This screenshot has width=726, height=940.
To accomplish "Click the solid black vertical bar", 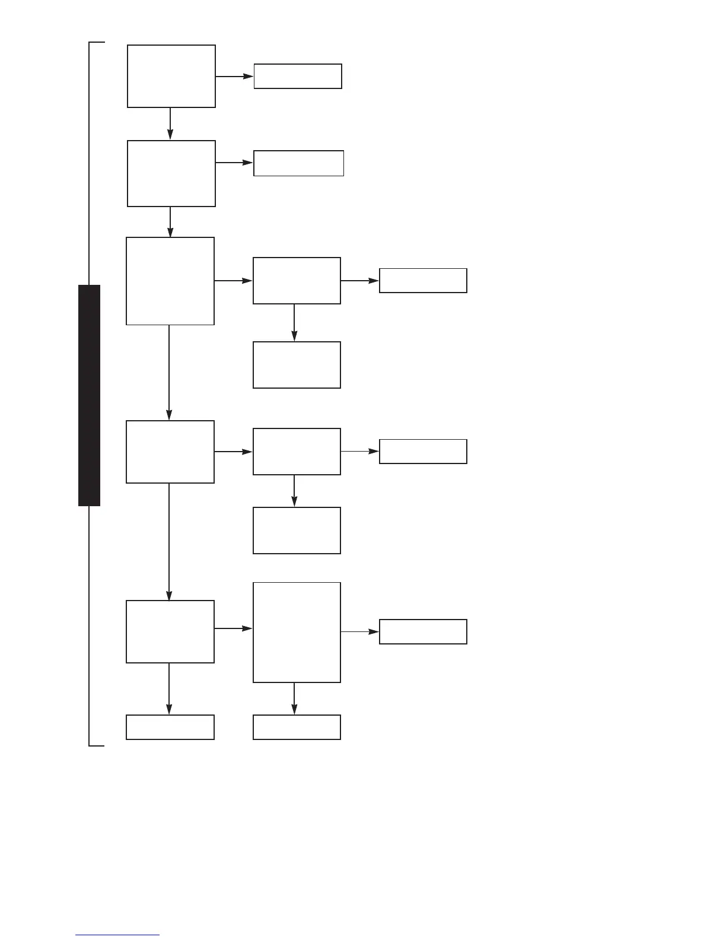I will pyautogui.click(x=89, y=395).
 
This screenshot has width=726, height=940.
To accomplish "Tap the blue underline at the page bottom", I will pyautogui.click(x=117, y=935).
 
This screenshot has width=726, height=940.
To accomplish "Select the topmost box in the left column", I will pyautogui.click(x=171, y=76).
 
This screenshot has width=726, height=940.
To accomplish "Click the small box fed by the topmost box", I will pyautogui.click(x=298, y=77).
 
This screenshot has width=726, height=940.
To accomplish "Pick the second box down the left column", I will pyautogui.click(x=171, y=173).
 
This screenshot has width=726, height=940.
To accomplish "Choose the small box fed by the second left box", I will pyautogui.click(x=298, y=163).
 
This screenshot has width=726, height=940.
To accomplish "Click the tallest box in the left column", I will pyautogui.click(x=170, y=281).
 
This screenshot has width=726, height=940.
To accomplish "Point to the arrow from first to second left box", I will pyautogui.click(x=170, y=123).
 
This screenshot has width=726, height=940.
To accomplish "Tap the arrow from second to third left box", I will pyautogui.click(x=170, y=222).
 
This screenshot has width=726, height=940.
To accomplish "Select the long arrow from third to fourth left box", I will pyautogui.click(x=169, y=373).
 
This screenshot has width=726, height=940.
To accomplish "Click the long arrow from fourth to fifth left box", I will pyautogui.click(x=169, y=541).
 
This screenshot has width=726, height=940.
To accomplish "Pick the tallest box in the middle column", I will pyautogui.click(x=297, y=633).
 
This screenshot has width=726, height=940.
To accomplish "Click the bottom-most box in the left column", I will pyautogui.click(x=170, y=727).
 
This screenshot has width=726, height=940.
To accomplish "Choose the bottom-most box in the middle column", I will pyautogui.click(x=297, y=727).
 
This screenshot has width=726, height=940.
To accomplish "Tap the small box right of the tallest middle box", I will pyautogui.click(x=423, y=631).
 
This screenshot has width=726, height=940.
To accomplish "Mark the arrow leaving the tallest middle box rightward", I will pyautogui.click(x=360, y=632).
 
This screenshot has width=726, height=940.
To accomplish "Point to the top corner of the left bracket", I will pyautogui.click(x=90, y=43).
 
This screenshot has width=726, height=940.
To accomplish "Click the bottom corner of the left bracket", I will pyautogui.click(x=90, y=745).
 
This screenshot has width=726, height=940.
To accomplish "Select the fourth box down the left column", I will pyautogui.click(x=170, y=452).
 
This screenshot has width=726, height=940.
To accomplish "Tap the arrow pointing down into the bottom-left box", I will pyautogui.click(x=169, y=689).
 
